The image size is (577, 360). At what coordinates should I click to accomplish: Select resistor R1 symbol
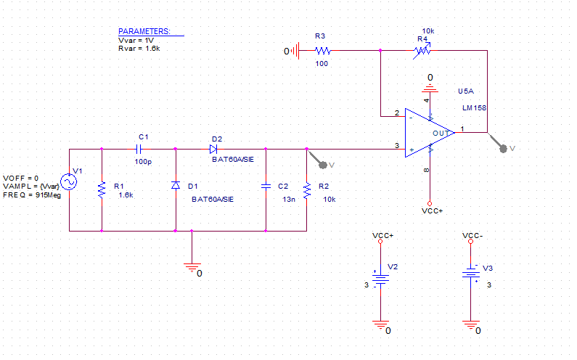pyautogui.click(x=102, y=190)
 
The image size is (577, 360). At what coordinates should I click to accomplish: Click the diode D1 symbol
pyautogui.click(x=175, y=186)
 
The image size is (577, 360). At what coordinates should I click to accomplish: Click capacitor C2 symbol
pyautogui.click(x=266, y=186)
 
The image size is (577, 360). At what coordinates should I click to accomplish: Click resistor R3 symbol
pyautogui.click(x=322, y=51)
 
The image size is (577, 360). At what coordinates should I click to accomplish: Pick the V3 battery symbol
pyautogui.click(x=470, y=275)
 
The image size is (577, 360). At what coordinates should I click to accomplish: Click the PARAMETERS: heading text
pyautogui.click(x=144, y=32)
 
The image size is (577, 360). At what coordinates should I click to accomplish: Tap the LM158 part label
pyautogui.click(x=475, y=108)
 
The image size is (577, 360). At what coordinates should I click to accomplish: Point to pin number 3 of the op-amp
pyautogui.click(x=396, y=146)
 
